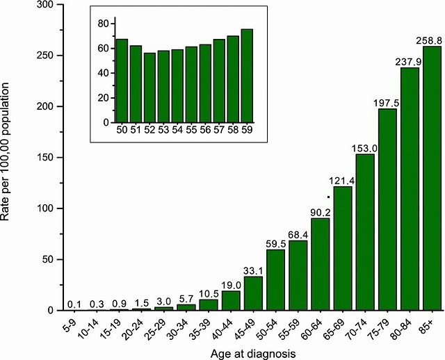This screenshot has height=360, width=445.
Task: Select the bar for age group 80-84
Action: click(x=410, y=188)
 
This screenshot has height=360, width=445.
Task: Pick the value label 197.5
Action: click(x=387, y=103)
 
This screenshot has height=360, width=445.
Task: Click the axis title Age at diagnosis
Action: click(x=253, y=353)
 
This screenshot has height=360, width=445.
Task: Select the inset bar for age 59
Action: click(x=247, y=76)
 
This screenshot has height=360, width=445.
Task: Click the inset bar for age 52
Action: click(x=149, y=88)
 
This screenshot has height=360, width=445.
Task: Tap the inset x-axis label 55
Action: click(x=191, y=130)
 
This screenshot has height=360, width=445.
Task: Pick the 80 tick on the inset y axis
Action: click(x=103, y=24)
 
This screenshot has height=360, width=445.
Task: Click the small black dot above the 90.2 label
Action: click(x=328, y=197)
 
